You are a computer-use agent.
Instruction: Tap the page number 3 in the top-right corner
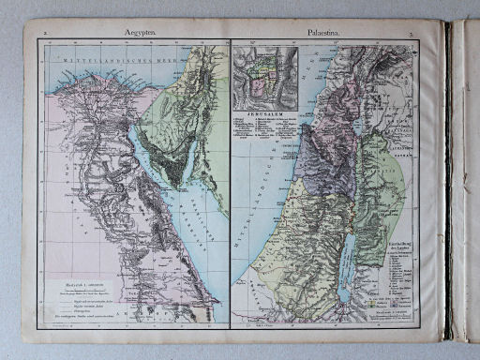pyautogui.click(x=425, y=35)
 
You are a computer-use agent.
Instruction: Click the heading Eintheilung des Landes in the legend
pyautogui.click(x=406, y=239)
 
